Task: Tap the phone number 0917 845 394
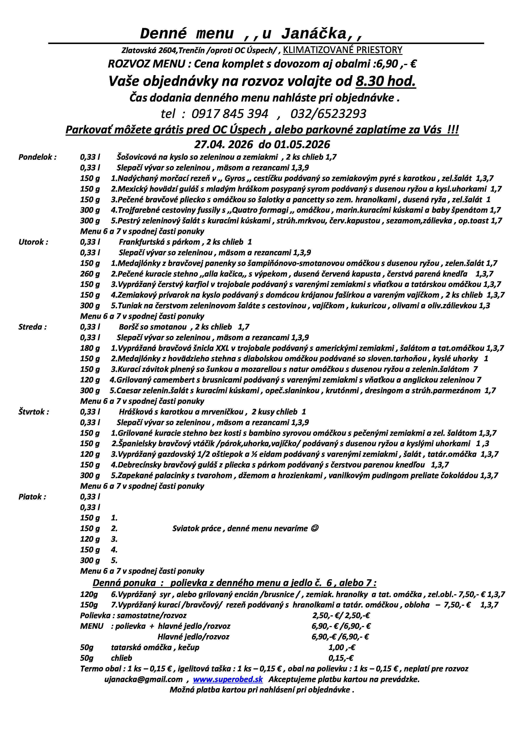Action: coord(230,114)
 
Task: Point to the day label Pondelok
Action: coord(37,157)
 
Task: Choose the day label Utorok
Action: coord(33,242)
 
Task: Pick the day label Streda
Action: coord(32,327)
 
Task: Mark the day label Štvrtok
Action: coord(33,412)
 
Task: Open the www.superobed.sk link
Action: coord(228,679)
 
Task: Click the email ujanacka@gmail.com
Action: coord(143,679)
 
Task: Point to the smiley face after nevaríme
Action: coord(314,529)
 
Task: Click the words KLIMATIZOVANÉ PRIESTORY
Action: coord(342,50)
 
